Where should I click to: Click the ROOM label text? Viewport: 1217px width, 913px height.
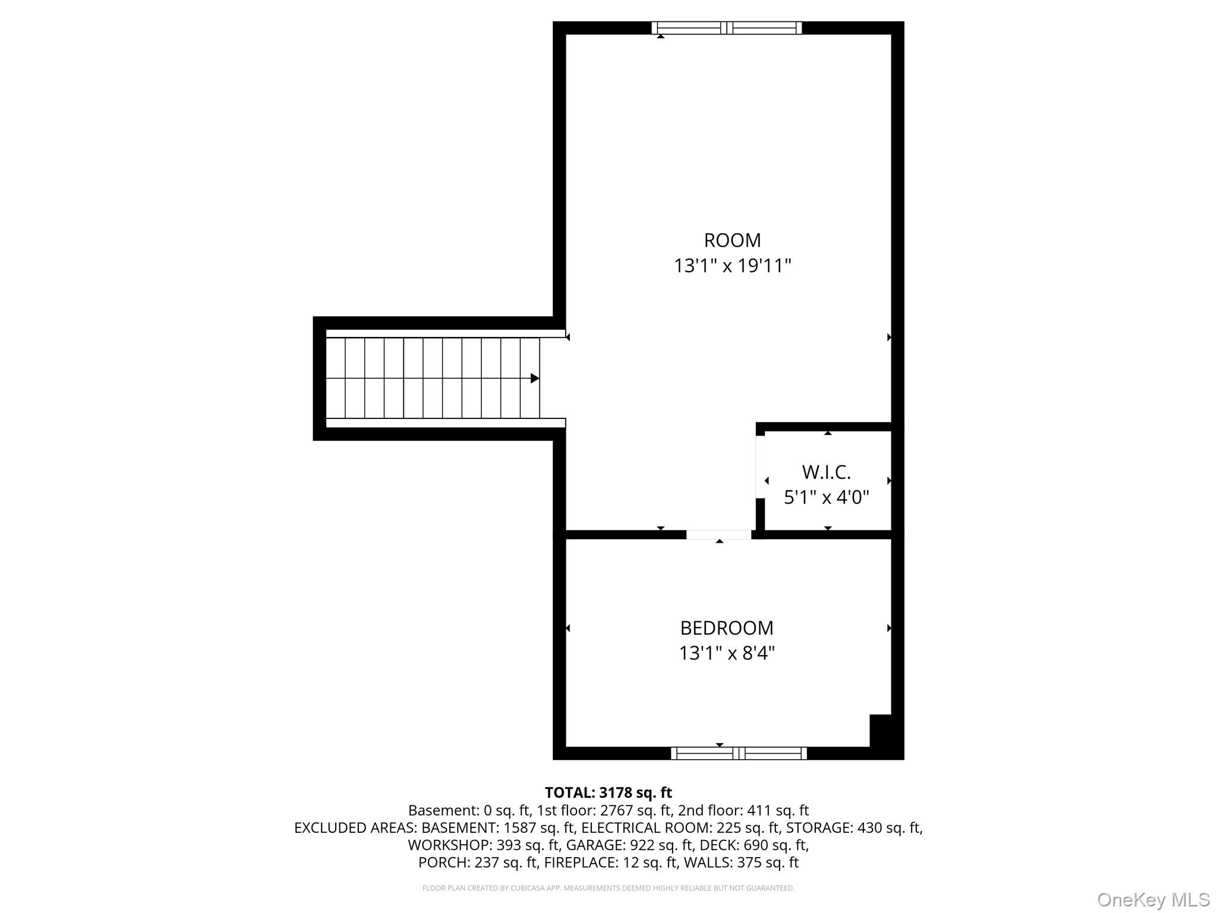point(732,240)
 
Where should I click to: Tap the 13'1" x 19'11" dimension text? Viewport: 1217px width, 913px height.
point(732,266)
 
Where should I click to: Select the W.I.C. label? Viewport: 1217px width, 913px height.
point(826,472)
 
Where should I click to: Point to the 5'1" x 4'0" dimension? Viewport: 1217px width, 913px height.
point(827,497)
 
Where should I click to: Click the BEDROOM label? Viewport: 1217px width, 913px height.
point(727,628)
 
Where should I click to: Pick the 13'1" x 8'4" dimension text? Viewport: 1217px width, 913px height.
point(727,653)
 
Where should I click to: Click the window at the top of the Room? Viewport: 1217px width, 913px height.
point(726,28)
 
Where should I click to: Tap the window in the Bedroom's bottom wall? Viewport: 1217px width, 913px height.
point(739,753)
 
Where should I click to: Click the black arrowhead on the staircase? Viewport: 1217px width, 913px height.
point(535,378)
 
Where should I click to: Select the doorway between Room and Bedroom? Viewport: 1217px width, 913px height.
point(719,534)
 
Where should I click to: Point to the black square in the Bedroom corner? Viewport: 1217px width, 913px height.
point(881,731)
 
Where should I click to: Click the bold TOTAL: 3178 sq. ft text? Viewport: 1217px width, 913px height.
point(608,792)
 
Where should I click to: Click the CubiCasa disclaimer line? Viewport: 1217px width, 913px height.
point(608,888)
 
